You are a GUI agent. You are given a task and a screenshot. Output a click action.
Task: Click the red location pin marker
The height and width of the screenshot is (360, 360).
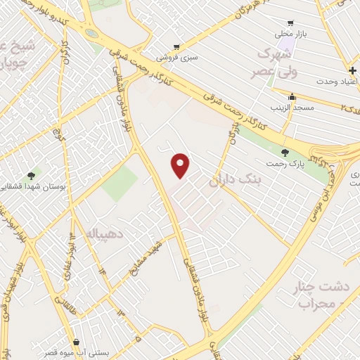pos(181,165)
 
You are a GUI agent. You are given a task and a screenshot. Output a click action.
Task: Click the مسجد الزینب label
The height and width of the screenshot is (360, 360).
pos(292,108)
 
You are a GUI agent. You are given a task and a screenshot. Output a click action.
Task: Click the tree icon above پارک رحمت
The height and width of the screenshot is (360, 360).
pos(285,153)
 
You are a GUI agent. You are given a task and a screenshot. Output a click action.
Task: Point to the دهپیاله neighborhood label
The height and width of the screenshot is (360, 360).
pos(91,231)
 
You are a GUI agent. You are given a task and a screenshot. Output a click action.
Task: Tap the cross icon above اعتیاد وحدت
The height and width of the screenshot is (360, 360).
pos(352,71)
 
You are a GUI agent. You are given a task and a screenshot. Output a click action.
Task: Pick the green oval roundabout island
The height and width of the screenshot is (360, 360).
pos(91,34)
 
